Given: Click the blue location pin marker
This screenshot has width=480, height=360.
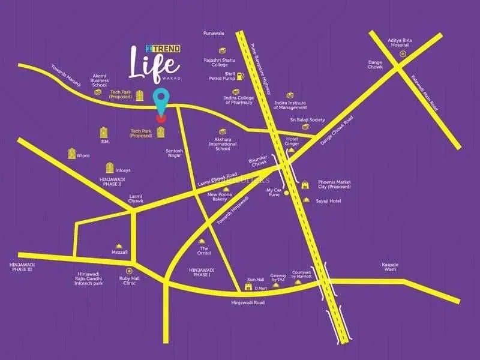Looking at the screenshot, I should coord(160,100).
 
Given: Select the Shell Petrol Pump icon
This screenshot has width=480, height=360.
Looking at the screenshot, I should coord(239,75).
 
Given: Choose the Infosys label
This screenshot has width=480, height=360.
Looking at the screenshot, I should coord(122,170).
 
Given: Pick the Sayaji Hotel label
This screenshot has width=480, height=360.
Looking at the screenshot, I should coord(328,201).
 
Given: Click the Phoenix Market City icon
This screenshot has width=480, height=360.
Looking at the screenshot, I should coord(305,184).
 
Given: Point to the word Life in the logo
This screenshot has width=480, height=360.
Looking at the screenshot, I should coord(154,63).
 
